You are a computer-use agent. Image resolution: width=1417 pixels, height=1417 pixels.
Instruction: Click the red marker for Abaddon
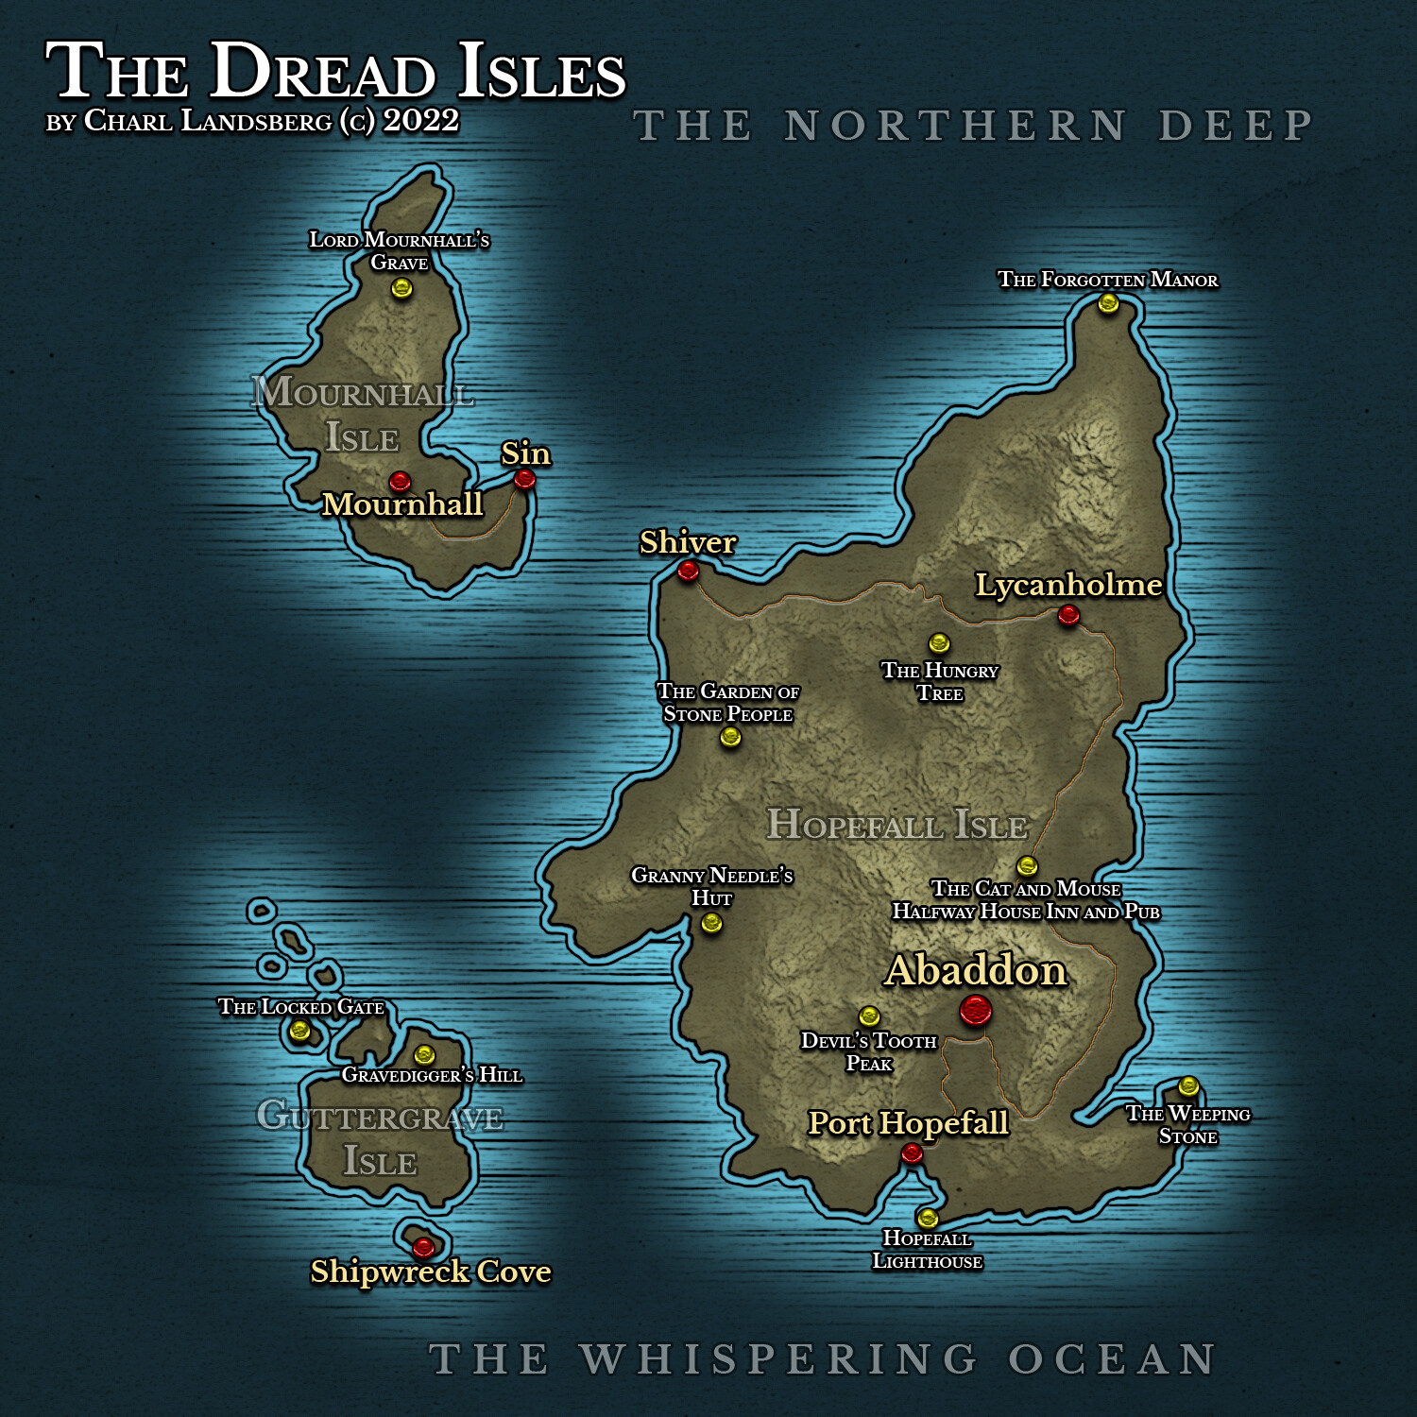[975, 1011]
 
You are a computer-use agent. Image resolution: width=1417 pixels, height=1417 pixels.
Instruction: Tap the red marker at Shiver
[688, 571]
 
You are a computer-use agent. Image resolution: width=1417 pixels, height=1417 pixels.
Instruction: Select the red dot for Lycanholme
[1068, 615]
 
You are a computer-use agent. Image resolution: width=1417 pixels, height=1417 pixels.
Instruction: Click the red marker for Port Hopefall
[912, 1152]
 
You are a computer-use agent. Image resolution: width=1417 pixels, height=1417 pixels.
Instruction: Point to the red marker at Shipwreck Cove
[423, 1247]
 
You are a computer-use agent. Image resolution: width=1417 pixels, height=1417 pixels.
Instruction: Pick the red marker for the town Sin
[524, 479]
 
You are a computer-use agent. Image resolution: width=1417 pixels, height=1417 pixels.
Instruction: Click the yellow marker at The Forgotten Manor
[1108, 303]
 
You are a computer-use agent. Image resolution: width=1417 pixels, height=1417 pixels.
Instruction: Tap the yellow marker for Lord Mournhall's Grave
[401, 287]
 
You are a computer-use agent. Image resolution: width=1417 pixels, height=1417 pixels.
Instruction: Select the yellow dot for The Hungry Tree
[939, 643]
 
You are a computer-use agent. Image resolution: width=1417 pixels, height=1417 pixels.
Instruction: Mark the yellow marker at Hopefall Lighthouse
[928, 1218]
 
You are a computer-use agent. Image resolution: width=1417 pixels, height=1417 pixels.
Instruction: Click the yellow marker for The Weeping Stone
[1188, 1086]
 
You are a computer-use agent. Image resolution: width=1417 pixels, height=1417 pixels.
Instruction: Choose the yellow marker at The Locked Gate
[300, 1030]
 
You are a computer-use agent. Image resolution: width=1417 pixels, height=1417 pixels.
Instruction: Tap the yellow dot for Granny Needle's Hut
[711, 923]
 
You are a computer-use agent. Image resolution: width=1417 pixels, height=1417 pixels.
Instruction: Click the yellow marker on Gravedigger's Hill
[424, 1054]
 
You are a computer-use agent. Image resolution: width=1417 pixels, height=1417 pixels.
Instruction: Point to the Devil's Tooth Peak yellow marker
[869, 1016]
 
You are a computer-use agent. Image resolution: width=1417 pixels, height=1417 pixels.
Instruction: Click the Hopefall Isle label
[896, 825]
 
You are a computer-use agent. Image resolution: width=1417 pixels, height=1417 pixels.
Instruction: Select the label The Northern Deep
[973, 127]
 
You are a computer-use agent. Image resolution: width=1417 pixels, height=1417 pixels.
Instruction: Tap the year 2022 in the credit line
[421, 121]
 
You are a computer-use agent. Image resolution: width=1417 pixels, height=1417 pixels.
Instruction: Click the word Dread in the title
[322, 72]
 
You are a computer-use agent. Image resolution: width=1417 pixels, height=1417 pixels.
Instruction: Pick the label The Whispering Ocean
[822, 1360]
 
